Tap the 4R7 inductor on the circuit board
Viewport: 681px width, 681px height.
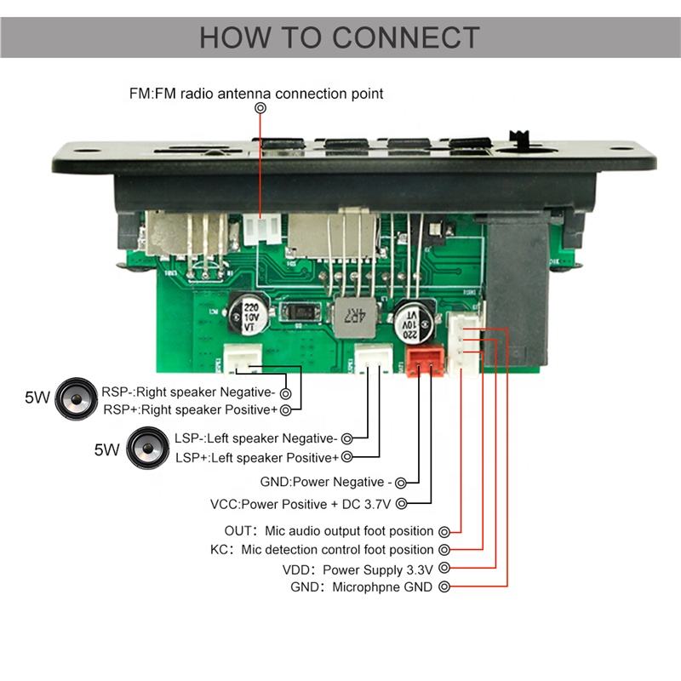354,318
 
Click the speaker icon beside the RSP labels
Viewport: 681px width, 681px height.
77,398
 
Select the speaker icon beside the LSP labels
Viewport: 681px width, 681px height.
147,448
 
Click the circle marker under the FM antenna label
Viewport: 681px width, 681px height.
260,108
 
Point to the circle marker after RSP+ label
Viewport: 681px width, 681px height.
285,410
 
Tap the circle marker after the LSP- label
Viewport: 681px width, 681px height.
346,438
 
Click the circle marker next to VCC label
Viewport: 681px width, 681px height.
402,504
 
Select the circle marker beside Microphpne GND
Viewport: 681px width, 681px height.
444,587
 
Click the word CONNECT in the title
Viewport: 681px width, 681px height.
406,37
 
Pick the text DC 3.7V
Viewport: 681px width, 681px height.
367,504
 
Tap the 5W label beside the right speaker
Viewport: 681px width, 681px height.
37,398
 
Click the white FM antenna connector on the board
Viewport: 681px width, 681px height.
261,228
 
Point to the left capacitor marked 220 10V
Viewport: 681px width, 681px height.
249,315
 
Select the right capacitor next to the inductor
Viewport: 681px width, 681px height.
414,323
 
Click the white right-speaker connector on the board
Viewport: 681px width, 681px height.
243,358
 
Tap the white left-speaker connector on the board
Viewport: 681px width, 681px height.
374,358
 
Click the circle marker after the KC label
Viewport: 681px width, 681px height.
444,550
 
